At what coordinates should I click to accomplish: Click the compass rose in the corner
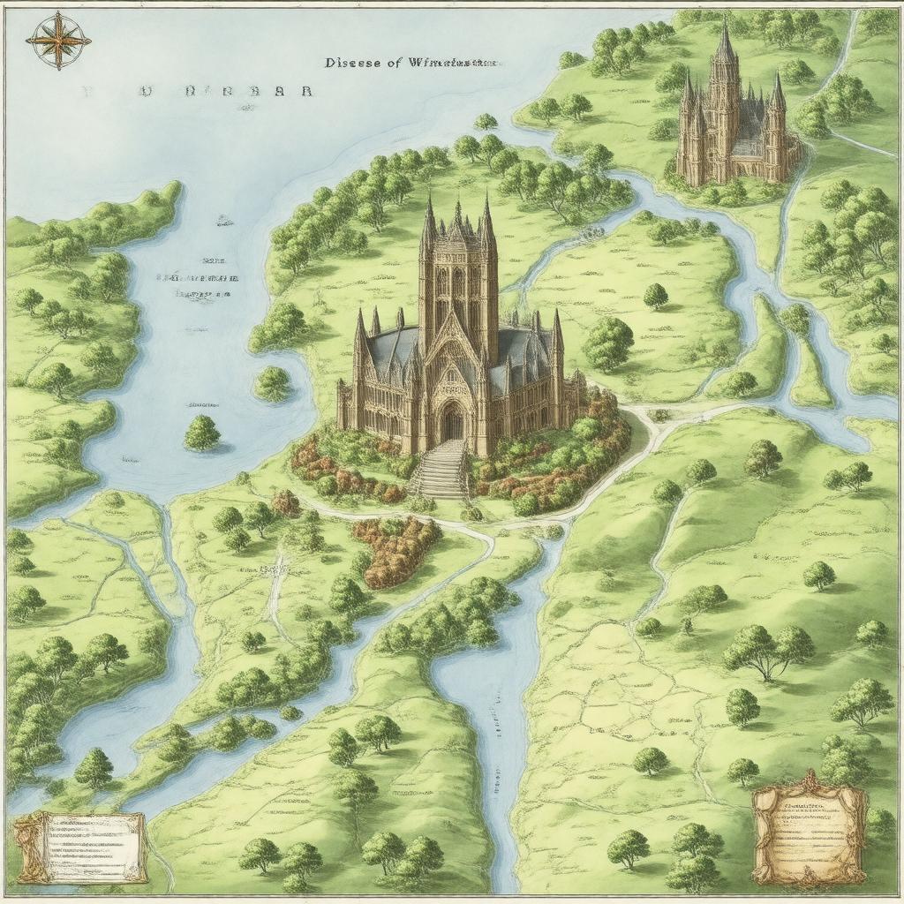[58, 40]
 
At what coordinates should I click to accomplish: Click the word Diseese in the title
[354, 63]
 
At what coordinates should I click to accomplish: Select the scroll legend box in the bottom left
[79, 847]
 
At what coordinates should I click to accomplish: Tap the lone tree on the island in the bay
[202, 432]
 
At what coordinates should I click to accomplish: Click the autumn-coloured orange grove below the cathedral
[394, 548]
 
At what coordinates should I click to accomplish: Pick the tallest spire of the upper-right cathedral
[726, 44]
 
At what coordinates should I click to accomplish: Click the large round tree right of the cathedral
[608, 343]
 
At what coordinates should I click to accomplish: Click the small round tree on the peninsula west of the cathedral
[272, 383]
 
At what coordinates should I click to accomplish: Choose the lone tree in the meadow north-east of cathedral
[655, 296]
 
